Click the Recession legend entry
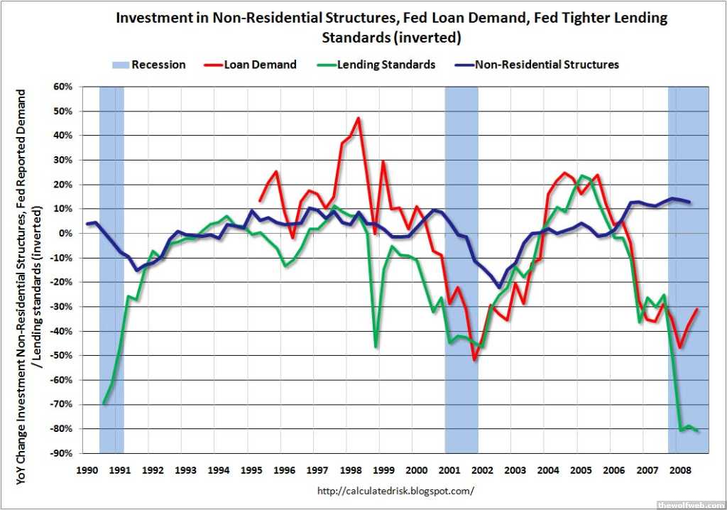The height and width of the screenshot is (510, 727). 148,65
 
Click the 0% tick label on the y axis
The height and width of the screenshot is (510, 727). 66,233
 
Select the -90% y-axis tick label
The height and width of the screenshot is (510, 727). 62,453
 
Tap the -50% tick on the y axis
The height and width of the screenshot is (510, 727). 62,355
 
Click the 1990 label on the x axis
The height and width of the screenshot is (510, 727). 87,470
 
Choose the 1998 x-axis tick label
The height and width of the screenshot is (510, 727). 350,470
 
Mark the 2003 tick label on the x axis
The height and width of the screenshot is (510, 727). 515,470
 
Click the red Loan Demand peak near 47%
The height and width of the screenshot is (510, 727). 359,118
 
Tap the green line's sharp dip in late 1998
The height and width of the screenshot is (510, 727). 376,347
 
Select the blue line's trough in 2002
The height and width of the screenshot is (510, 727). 499,287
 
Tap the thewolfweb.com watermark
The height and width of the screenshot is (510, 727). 689,504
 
